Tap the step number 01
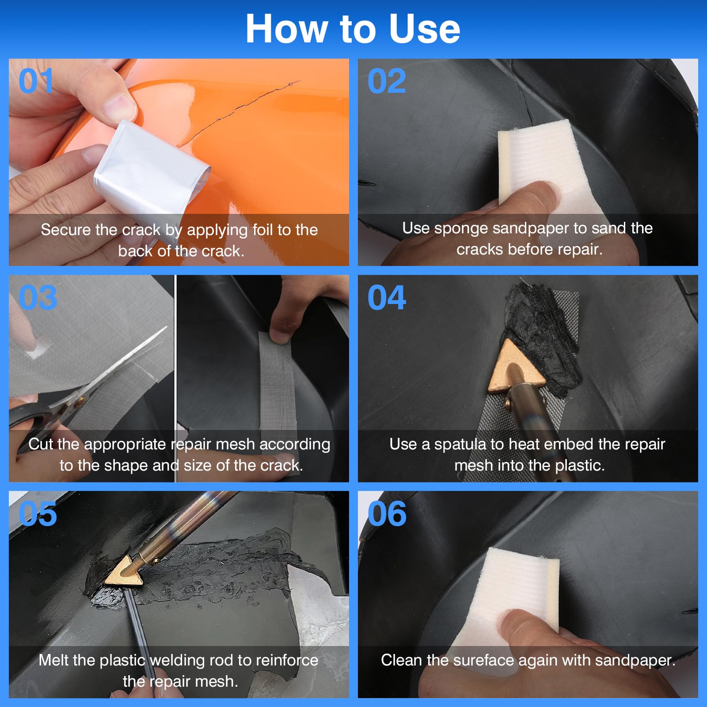tap(36, 81)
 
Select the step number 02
tap(387, 81)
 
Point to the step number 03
tap(38, 297)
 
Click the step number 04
tap(387, 297)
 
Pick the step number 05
tap(38, 514)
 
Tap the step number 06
tap(387, 514)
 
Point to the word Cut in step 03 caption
tap(41, 444)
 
